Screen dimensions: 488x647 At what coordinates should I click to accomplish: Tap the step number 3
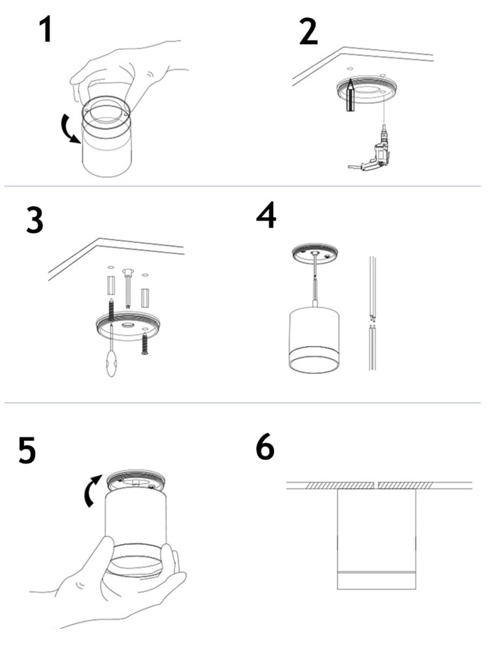[x=35, y=220]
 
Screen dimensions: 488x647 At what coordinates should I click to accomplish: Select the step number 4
[x=266, y=215]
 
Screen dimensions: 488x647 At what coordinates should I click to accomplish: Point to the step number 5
[x=27, y=450]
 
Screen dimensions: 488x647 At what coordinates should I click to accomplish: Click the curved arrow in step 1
[x=70, y=129]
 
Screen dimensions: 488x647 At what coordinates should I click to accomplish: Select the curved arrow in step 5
[x=92, y=491]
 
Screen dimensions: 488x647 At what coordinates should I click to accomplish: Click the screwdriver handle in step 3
[x=112, y=363]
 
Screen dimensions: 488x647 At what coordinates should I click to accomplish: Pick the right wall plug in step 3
[x=145, y=298]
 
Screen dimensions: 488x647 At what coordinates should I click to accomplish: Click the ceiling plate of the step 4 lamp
[x=315, y=253]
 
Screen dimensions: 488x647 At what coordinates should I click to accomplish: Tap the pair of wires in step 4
[x=373, y=314]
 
